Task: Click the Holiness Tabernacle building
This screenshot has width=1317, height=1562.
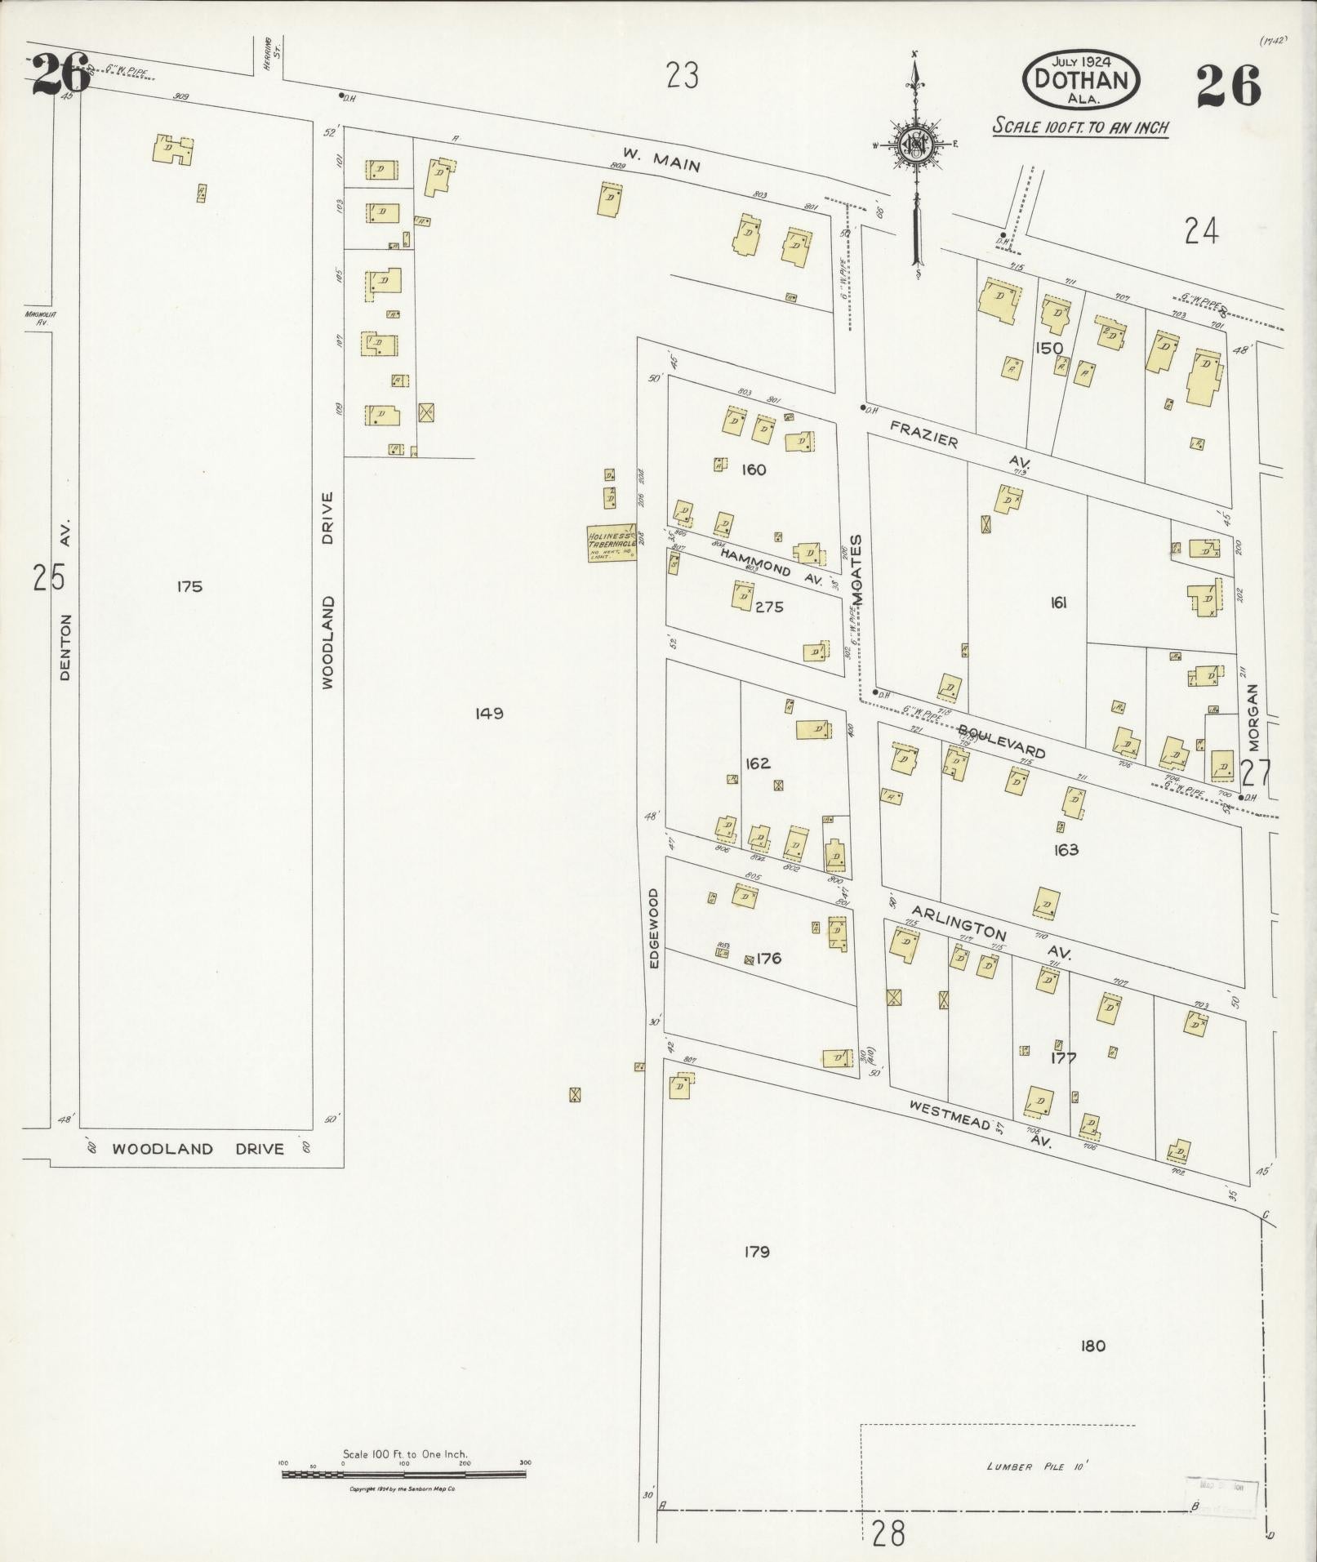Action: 612,542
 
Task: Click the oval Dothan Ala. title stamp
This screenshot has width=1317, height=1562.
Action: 1081,79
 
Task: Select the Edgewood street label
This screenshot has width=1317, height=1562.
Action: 654,928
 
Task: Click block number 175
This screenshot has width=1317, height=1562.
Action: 189,586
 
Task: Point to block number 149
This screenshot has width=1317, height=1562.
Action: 489,714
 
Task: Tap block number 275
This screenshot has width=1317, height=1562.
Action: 769,607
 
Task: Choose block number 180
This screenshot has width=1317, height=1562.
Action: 1092,1346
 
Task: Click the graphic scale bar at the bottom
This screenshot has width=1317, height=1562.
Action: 404,1475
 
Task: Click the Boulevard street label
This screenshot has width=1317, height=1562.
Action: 1001,741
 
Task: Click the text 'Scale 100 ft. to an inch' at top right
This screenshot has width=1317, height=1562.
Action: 1080,127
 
